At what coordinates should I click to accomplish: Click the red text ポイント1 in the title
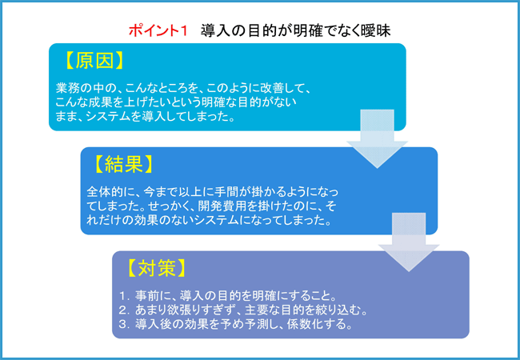coord(158,31)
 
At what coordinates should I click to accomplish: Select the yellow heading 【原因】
coord(94,61)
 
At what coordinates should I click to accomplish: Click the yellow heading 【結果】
coord(124,164)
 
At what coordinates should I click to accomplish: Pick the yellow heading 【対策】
coord(156,268)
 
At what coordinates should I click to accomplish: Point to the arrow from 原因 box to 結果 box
coord(377,138)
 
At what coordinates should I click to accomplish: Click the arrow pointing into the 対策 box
coord(409,242)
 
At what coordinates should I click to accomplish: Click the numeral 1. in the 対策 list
coord(124,295)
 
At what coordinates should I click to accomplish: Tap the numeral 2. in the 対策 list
coord(124,310)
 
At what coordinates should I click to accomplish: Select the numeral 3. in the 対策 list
coord(124,324)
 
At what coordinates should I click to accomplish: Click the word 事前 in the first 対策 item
coord(146,295)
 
